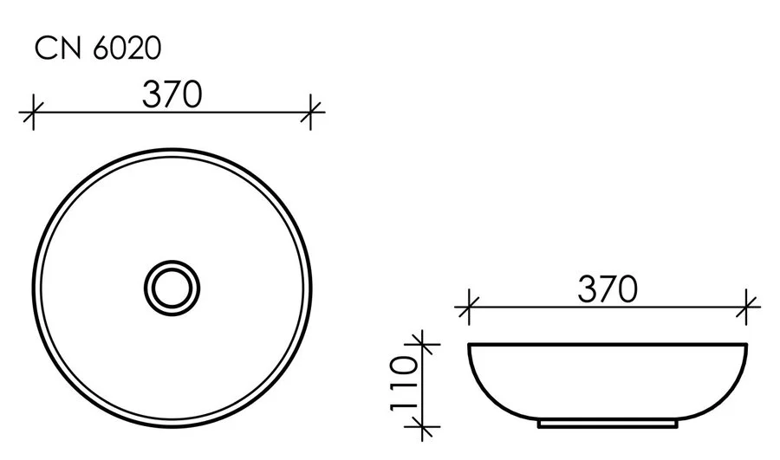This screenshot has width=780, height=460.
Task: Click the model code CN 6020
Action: tap(97, 49)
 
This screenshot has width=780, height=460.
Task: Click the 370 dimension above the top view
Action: tap(173, 93)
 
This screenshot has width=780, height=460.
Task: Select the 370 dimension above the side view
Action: tap(608, 288)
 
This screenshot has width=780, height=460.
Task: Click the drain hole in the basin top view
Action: tap(172, 286)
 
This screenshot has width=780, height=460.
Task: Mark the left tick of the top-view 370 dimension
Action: tap(32, 112)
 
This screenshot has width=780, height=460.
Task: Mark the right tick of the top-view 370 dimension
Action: tap(313, 112)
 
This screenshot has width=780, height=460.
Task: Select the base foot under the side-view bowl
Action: tap(608, 425)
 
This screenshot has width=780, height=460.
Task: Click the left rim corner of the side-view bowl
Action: tap(469, 346)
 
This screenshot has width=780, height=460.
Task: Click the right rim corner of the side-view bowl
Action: tap(747, 346)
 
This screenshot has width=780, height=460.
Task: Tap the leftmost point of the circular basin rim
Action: tap(33, 286)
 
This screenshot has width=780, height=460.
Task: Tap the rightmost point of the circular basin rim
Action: tap(312, 286)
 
